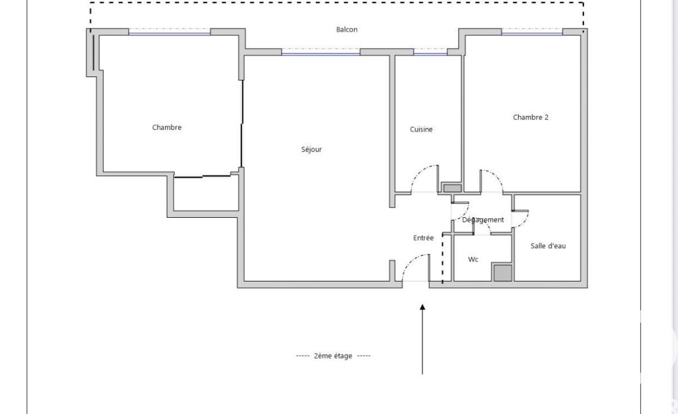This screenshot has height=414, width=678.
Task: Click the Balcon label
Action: coord(347,30)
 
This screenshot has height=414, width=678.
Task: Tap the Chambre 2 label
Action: coord(531,117)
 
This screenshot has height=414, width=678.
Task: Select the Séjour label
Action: coord(311,149)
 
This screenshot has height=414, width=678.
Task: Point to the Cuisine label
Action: coord(421,129)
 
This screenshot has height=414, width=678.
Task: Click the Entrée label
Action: coord(424,237)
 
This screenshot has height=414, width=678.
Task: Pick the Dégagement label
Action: coord(483,220)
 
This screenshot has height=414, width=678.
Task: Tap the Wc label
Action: coord(473,259)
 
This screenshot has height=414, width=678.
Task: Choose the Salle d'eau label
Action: coord(548,246)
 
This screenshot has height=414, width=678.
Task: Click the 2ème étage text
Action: coord(333,356)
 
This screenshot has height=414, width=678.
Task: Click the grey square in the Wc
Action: coord(503,273)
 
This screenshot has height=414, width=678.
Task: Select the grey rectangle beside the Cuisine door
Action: coord(453,188)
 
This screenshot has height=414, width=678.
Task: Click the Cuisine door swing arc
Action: coord(420,171)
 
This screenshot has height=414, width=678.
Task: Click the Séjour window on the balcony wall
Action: coord(321,52)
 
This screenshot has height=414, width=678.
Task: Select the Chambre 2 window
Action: coord(532,32)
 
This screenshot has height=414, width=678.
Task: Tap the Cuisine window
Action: coord(430,52)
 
